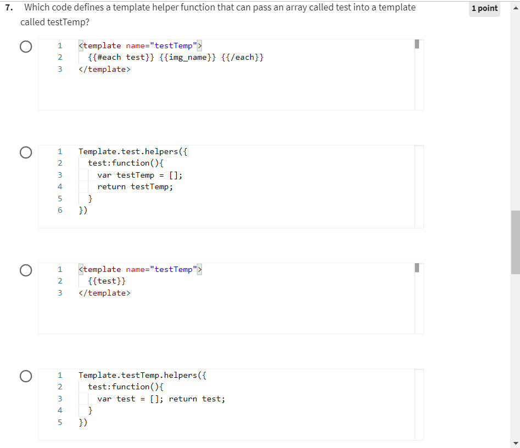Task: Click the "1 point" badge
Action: (485, 8)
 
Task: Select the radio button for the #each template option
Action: (25, 47)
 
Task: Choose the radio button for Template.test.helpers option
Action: (25, 152)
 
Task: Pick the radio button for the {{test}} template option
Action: (25, 270)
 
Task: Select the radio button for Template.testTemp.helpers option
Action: (25, 376)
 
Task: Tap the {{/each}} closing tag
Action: (243, 58)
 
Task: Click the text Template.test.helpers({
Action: (133, 151)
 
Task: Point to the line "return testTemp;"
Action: (135, 186)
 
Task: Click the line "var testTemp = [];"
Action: (140, 175)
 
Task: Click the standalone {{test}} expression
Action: (107, 281)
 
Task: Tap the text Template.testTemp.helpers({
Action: (142, 375)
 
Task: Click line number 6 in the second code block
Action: (60, 210)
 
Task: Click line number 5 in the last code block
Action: (60, 422)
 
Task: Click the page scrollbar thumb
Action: (515, 241)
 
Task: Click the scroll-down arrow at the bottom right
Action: (515, 443)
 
